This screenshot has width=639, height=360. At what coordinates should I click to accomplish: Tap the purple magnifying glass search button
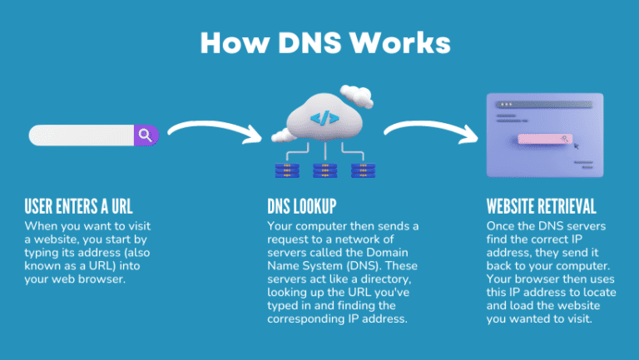click(x=146, y=136)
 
